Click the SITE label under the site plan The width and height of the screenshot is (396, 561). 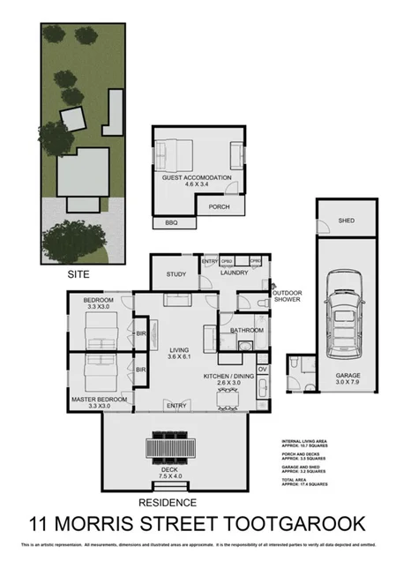(79, 274)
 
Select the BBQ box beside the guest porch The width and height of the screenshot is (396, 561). (170, 223)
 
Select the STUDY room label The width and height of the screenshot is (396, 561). (176, 273)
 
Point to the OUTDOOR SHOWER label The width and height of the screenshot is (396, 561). (287, 296)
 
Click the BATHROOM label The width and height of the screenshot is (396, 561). (246, 330)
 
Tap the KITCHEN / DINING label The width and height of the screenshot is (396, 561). (228, 380)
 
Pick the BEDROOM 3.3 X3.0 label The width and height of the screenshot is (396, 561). (97, 303)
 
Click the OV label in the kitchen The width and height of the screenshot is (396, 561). (262, 369)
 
